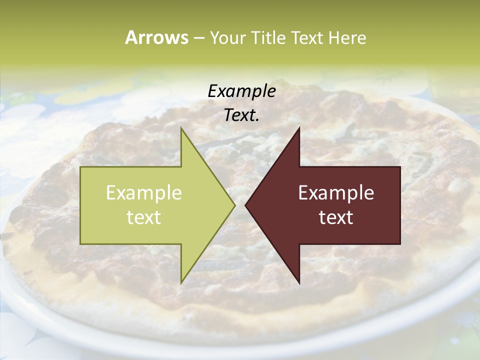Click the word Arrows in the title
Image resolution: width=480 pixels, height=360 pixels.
156,37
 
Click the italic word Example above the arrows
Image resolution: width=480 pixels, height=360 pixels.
241,91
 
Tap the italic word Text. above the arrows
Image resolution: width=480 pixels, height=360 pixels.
241,115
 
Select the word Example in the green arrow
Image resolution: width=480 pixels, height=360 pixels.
144,192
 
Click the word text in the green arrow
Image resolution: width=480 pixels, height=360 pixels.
144,217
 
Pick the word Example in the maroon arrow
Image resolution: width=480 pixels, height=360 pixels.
336,192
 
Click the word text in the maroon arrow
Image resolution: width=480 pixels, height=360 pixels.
336,217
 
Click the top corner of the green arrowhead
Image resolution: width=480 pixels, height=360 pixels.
181,128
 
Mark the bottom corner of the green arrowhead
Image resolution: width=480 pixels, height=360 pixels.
181,283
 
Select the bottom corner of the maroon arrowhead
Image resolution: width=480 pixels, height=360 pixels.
299,283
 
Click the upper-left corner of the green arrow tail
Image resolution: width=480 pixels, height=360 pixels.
80,167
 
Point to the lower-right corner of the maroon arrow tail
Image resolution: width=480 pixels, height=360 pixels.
400,244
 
